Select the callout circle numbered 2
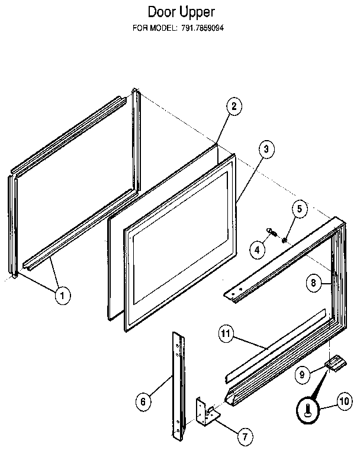coord(234,107)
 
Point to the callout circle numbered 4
coord(257,250)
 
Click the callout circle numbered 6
coord(142,403)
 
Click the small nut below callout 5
coord(285,240)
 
